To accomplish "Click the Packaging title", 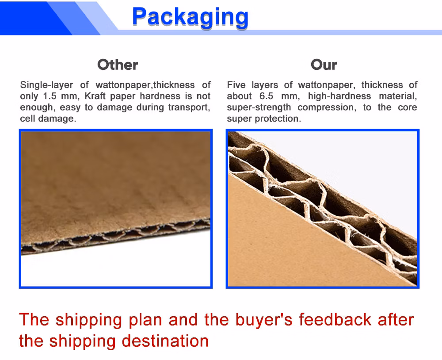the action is coord(190,18).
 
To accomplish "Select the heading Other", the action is coord(118,65).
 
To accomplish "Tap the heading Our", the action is coord(324,65).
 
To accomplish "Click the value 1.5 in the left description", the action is coord(50,96).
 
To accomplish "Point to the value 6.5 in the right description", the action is coord(266,96).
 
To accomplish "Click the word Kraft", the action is coord(95,96).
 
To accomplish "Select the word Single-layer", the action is coord(46,85).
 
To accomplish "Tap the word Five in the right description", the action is coord(236,85).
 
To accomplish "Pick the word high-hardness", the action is coord(339,96).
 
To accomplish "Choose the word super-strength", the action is coord(259,107).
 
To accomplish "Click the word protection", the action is coord(278,119).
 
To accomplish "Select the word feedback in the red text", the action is coord(335,320).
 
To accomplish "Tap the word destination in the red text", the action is coord(165,341).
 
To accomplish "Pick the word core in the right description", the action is coord(408,107).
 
